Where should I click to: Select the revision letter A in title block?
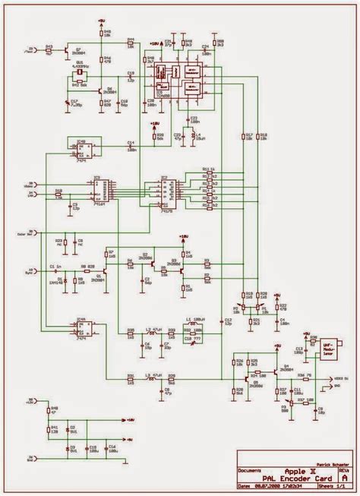(345, 478)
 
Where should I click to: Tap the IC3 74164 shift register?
(99, 190)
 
